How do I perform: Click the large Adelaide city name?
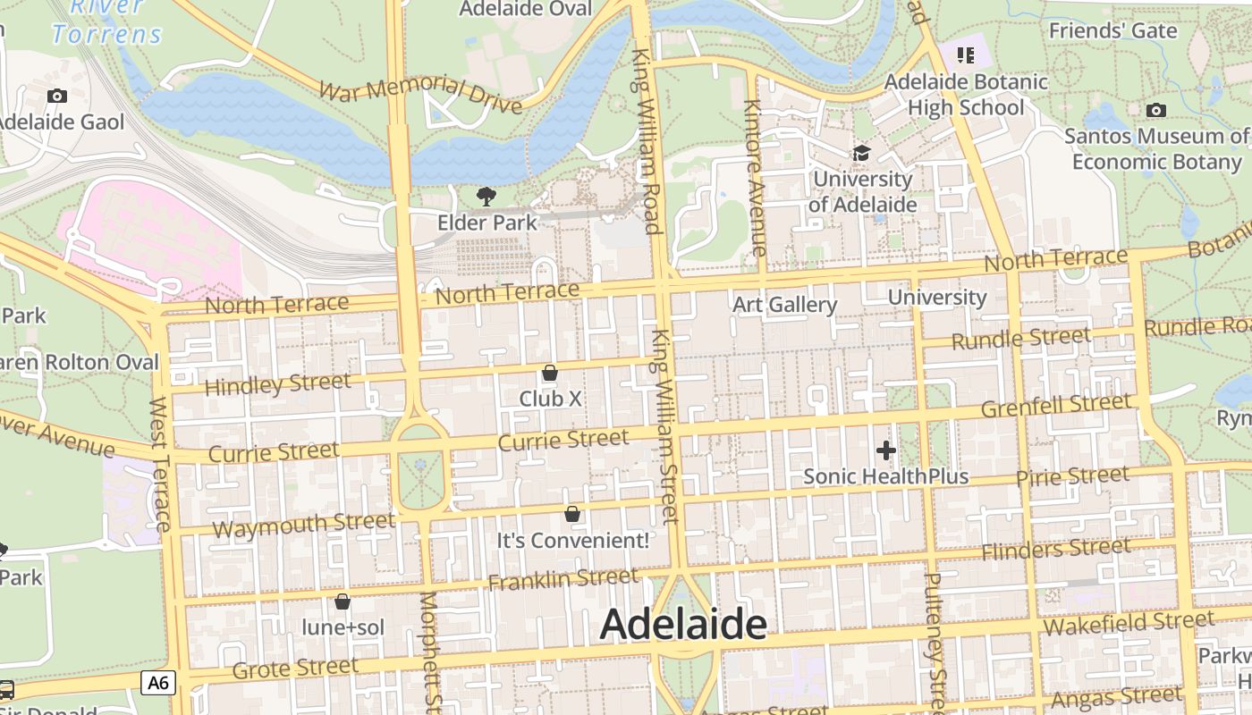tap(683, 624)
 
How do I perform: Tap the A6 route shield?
tap(158, 684)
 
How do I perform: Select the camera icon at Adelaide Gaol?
tap(57, 96)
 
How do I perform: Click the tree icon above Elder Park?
tap(486, 196)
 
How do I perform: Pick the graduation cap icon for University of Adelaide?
tap(861, 153)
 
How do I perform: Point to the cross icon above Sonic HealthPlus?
tap(886, 450)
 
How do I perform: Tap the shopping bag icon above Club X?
tap(550, 372)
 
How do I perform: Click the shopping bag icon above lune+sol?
tap(342, 601)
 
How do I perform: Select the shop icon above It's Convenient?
tap(572, 514)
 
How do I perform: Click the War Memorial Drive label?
tap(420, 94)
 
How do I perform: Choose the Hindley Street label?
tap(278, 384)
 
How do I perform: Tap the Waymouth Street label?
tap(303, 525)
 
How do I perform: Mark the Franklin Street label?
tap(563, 580)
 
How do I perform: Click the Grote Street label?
tap(295, 668)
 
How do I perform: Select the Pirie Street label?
tap(1072, 477)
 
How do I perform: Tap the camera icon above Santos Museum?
tap(1156, 110)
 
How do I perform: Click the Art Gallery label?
tap(784, 305)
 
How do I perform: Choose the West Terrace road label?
tap(160, 465)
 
